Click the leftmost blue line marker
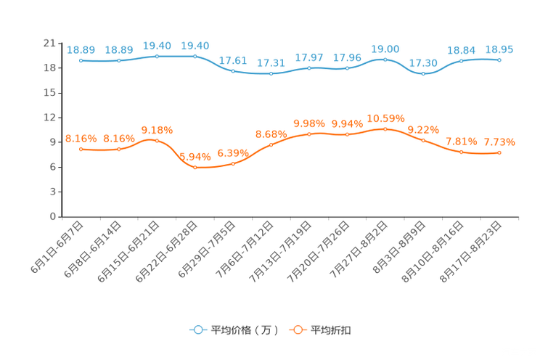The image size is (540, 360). point(81,61)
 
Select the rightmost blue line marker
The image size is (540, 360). point(499,60)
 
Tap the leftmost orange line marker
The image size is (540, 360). point(81,149)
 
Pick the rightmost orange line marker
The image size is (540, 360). point(499,152)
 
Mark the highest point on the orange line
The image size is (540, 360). point(385,128)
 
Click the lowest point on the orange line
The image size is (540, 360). point(195,167)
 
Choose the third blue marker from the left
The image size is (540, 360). point(157,56)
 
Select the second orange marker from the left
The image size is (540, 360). point(119,149)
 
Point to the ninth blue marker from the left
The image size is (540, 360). point(385,60)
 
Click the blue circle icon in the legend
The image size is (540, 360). point(197,330)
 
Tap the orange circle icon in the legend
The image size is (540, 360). point(298,330)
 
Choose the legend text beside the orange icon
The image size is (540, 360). point(331,330)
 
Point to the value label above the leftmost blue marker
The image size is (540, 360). point(81,50)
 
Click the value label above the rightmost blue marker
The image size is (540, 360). point(499,49)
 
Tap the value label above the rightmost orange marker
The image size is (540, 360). point(499,142)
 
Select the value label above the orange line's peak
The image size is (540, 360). point(385,118)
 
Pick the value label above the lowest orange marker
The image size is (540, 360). point(195,156)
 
